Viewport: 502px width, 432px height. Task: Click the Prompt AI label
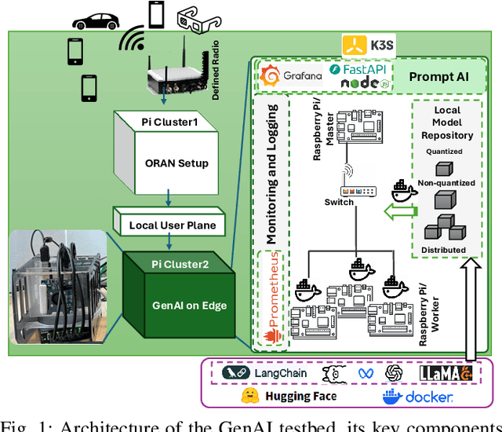pos(441,77)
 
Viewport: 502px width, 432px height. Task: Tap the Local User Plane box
pos(173,225)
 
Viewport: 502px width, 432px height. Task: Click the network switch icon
pos(358,191)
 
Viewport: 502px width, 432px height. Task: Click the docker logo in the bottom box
pos(417,397)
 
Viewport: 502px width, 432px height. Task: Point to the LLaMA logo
pos(448,373)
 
